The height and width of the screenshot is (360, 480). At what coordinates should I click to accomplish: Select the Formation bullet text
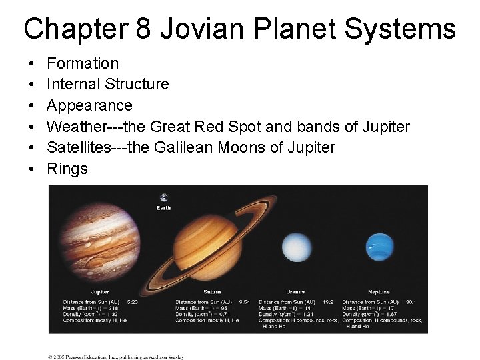click(x=83, y=63)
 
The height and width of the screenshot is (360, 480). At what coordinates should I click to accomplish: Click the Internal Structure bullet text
click(x=108, y=84)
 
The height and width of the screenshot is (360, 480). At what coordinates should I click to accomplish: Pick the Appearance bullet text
click(x=89, y=105)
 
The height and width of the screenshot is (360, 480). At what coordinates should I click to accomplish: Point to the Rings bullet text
click(x=67, y=169)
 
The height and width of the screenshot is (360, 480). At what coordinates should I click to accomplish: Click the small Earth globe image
click(x=163, y=197)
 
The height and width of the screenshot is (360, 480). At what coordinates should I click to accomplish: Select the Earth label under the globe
click(x=164, y=208)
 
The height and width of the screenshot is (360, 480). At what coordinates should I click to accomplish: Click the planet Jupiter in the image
click(x=101, y=236)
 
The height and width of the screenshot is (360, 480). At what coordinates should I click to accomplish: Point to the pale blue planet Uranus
click(x=295, y=248)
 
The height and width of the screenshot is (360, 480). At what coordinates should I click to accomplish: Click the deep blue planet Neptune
click(x=379, y=247)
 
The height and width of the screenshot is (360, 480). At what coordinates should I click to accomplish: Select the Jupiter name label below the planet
click(x=100, y=292)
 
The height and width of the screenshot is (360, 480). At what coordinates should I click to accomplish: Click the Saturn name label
click(x=212, y=292)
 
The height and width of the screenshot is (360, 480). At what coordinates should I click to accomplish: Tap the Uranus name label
click(x=295, y=292)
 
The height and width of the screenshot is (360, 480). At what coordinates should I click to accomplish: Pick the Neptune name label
click(x=379, y=292)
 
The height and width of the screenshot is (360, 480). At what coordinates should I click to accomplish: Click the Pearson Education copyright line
click(x=115, y=357)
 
